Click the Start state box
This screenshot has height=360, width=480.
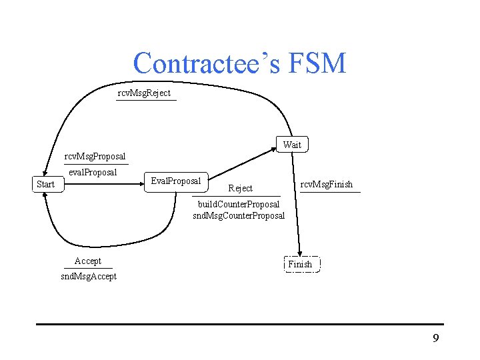click(45, 183)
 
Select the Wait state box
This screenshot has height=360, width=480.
click(292, 145)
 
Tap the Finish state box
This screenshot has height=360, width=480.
click(300, 264)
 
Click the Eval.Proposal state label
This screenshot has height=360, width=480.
click(176, 181)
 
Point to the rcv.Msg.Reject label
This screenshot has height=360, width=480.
click(144, 93)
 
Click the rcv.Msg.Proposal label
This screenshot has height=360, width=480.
click(95, 157)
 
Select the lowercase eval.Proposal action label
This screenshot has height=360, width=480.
click(93, 172)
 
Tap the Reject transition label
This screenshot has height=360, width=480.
click(240, 189)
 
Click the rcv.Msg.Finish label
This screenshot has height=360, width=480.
click(327, 184)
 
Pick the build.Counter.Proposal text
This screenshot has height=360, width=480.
click(239, 204)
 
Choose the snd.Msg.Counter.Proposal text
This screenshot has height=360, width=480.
click(239, 215)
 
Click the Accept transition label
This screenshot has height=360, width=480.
click(88, 261)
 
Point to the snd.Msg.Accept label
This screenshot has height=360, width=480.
click(89, 276)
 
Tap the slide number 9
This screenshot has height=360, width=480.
click(436, 339)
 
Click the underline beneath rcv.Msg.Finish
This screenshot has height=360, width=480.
click(330, 192)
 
